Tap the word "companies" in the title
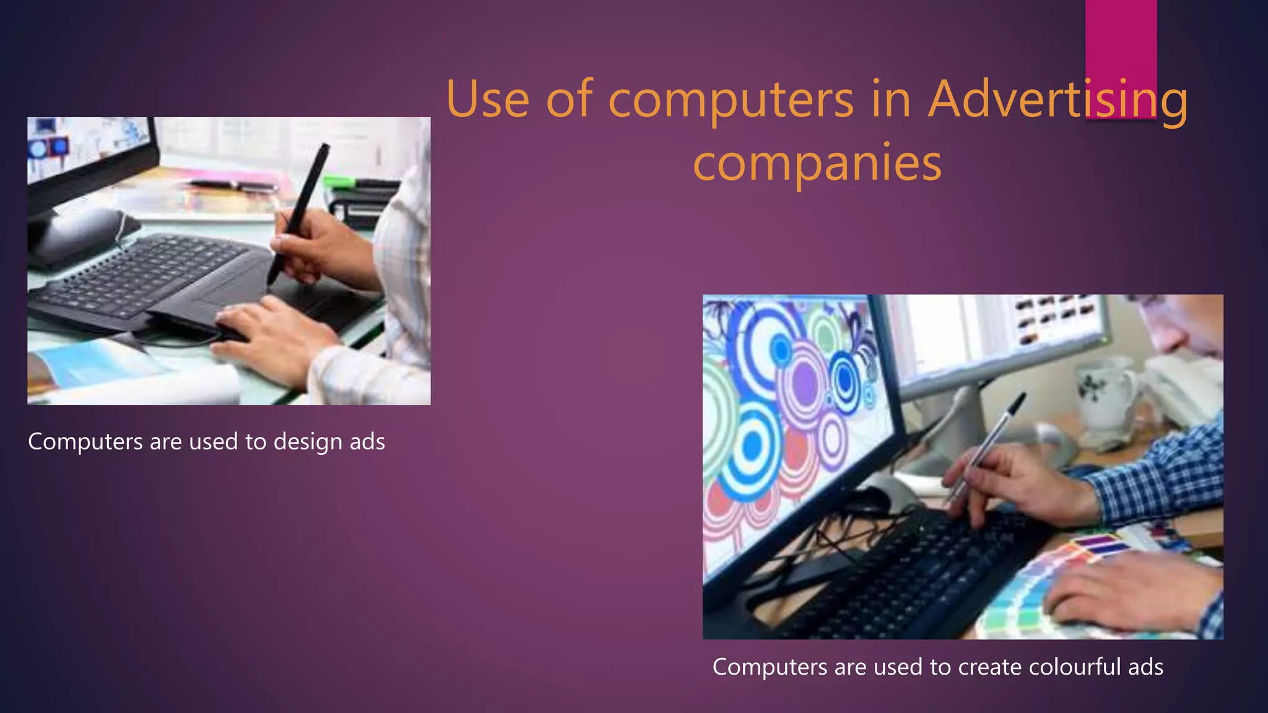pyautogui.click(x=817, y=163)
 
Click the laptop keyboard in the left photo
pyautogui.click(x=149, y=272)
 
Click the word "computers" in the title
pyautogui.click(x=731, y=100)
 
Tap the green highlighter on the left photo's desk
pyautogui.click(x=341, y=182)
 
